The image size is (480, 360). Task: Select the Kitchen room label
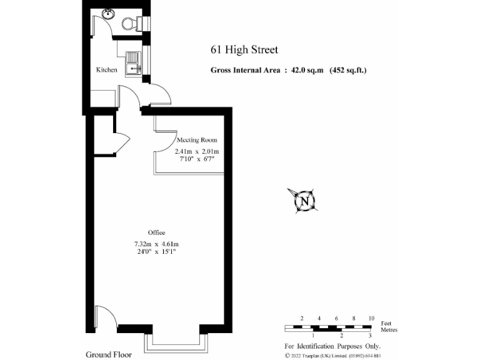[x=106, y=70]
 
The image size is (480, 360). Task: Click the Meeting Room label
[x=197, y=140]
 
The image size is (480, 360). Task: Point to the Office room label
[x=156, y=232]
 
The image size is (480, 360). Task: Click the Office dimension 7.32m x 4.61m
[x=156, y=244]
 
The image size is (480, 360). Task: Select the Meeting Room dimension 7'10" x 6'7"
[x=197, y=159]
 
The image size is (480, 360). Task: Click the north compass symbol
[x=304, y=201]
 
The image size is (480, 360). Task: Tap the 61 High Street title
[x=244, y=50]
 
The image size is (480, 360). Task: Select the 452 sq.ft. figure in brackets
[x=348, y=71]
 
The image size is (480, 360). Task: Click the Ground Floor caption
[x=109, y=354]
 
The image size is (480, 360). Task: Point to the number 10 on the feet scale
[x=371, y=319]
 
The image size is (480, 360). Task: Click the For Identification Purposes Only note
[x=332, y=346]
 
